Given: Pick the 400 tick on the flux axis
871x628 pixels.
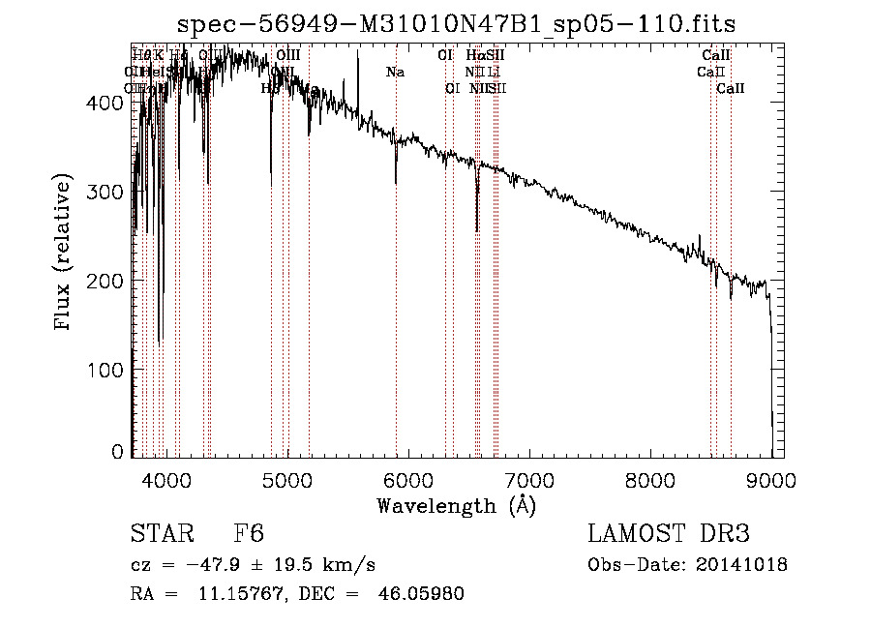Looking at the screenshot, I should [109, 102].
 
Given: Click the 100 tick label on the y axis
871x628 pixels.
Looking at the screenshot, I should [109, 370].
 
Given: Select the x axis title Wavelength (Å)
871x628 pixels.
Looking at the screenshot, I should [456, 505].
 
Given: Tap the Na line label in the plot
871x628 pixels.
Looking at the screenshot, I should [395, 72].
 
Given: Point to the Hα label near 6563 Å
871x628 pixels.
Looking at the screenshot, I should [474, 56].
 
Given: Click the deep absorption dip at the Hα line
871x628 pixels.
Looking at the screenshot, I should [477, 228].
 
